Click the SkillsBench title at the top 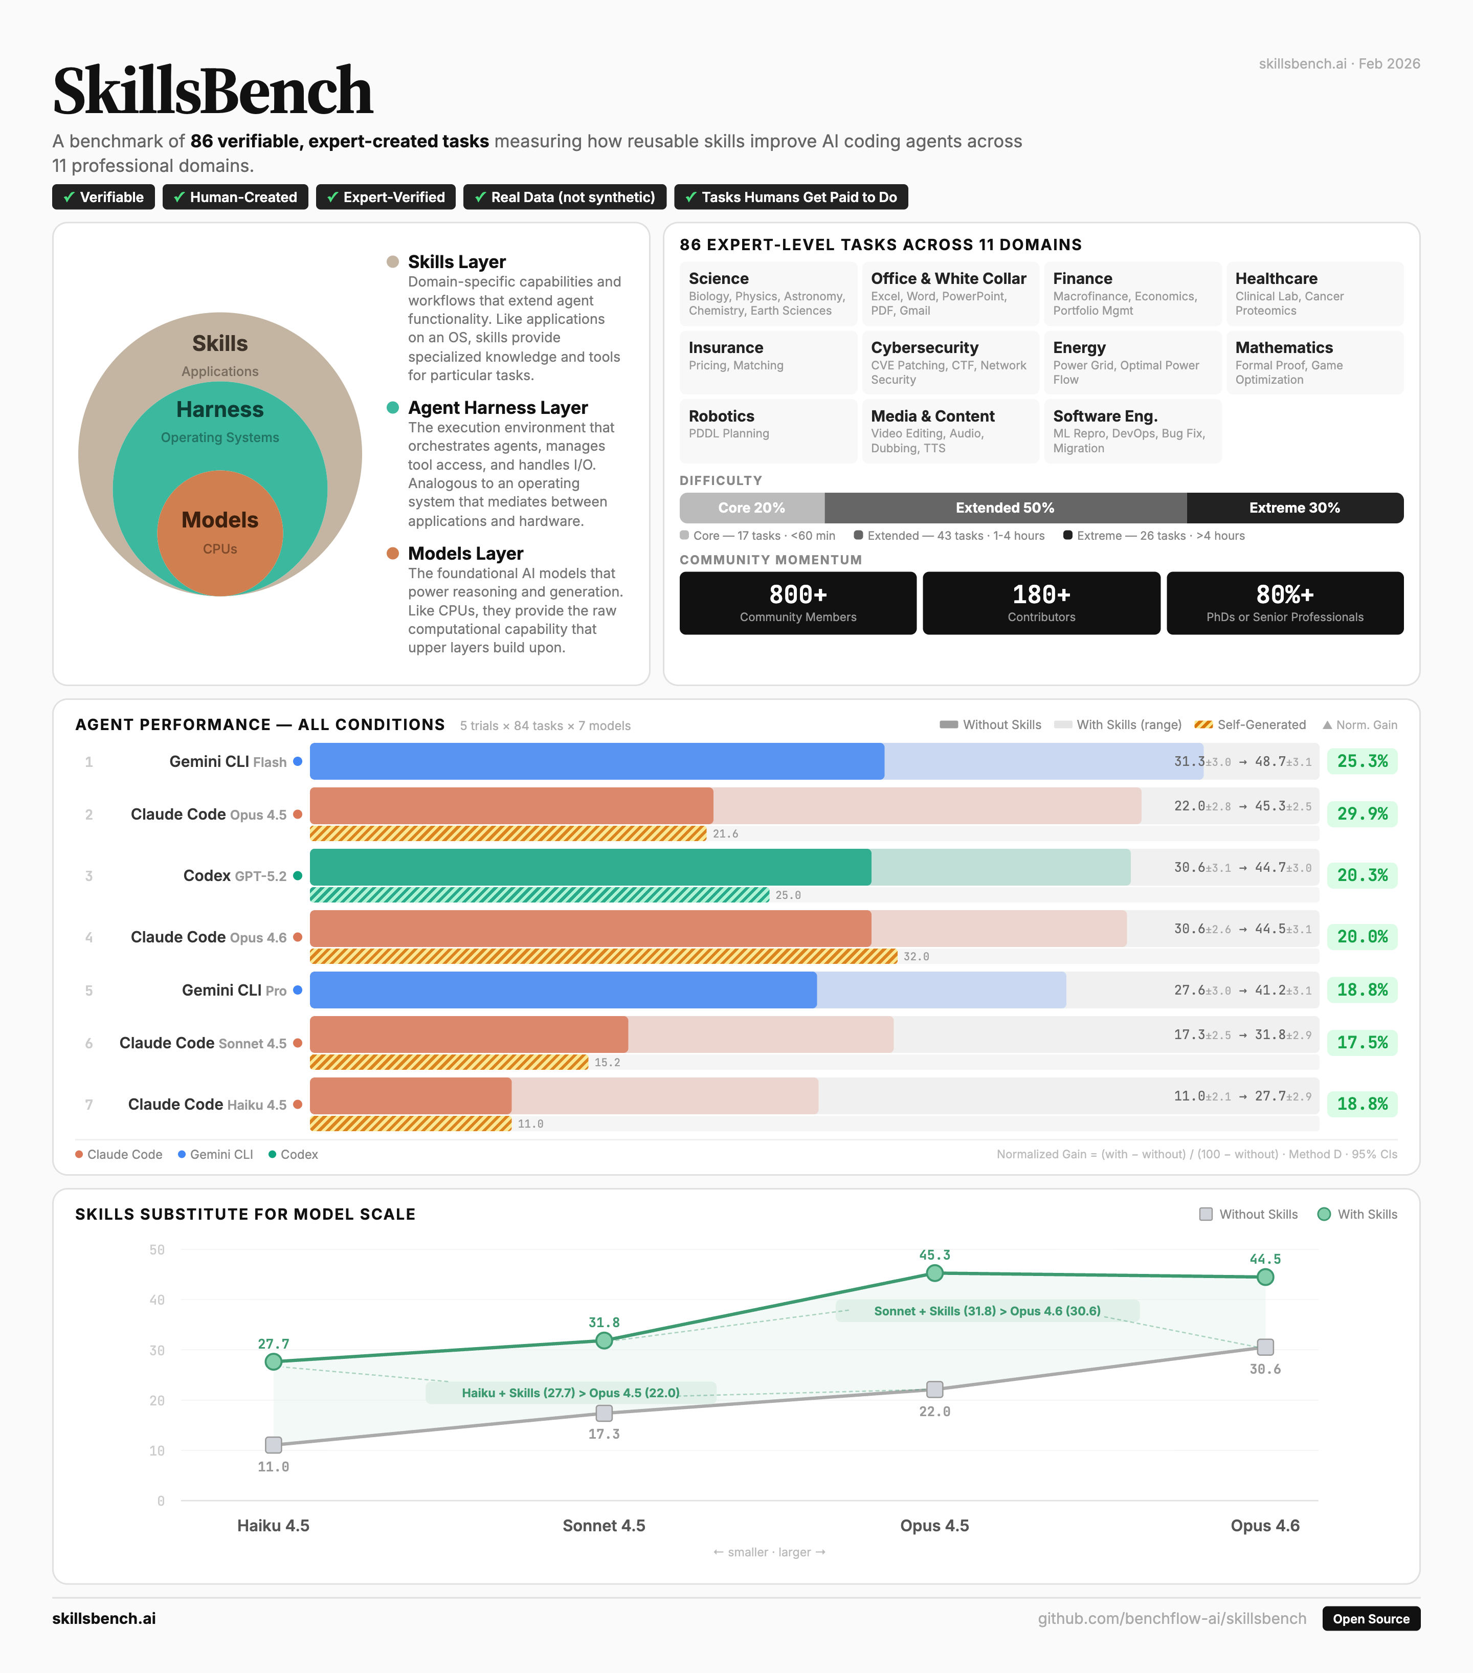pos(213,91)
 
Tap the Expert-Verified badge pos(386,197)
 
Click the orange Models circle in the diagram pos(219,533)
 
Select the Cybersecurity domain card pos(949,362)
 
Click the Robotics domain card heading pos(721,416)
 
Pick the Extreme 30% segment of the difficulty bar pos(1294,508)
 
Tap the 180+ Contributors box pos(1041,603)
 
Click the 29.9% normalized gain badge pos(1362,813)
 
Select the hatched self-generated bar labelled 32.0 pos(603,956)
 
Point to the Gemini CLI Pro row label pos(234,990)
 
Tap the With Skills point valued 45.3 pos(934,1273)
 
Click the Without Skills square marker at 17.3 pos(604,1413)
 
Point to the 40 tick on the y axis pos(157,1300)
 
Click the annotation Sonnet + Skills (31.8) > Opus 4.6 pos(987,1310)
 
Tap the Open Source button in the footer pos(1371,1618)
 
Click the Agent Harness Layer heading pos(498,408)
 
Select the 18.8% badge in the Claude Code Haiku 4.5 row pos(1362,1104)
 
